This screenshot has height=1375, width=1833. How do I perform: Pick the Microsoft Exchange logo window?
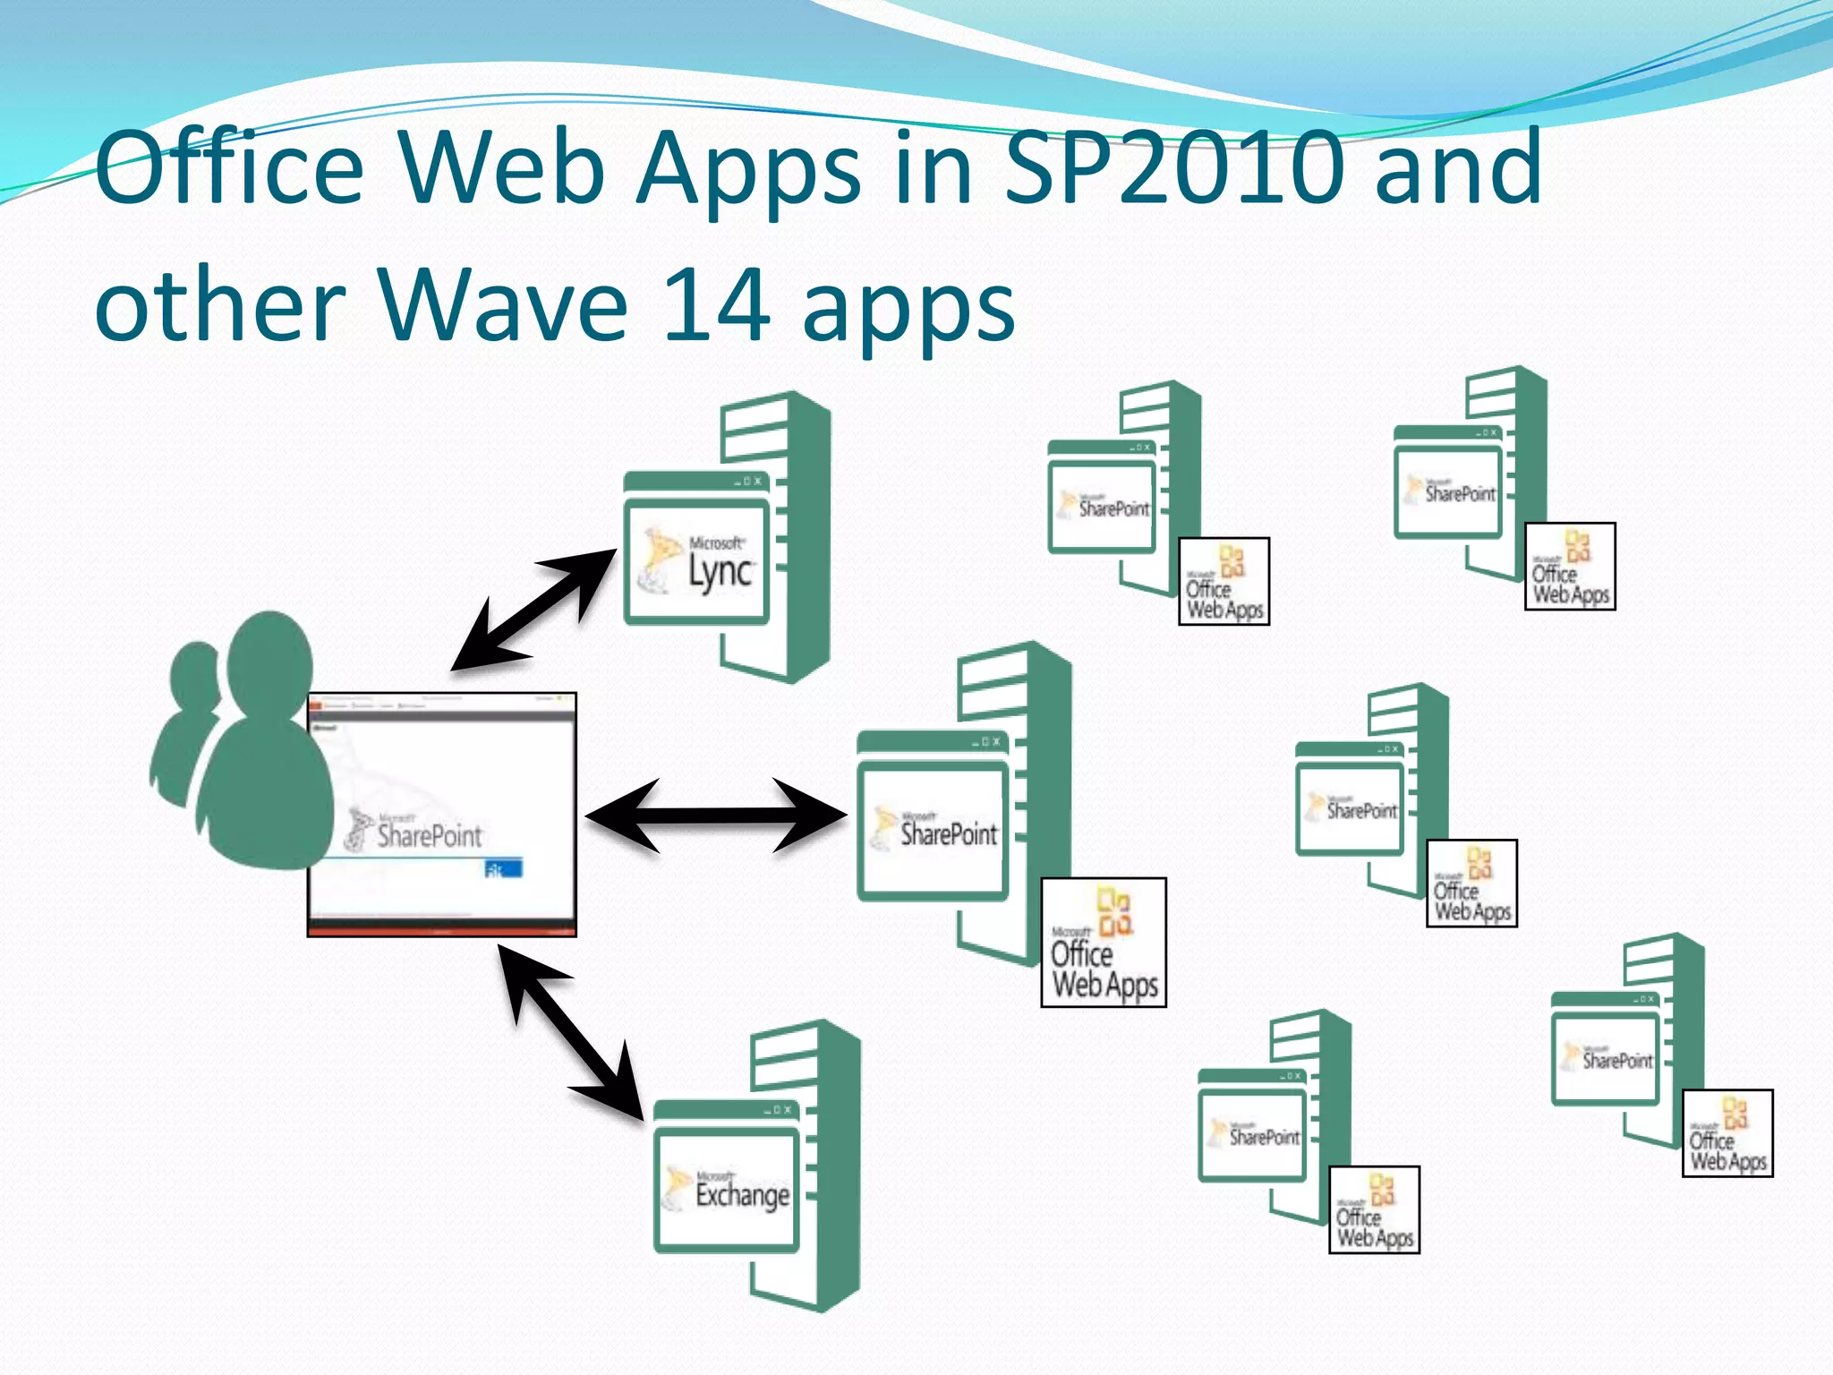coord(727,1189)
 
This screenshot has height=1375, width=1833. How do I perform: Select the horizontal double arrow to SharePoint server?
coord(716,815)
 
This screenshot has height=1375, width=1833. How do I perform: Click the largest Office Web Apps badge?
coord(1104,943)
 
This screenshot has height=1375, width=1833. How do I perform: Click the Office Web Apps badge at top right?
coord(1570,567)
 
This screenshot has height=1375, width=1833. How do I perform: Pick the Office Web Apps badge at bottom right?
coord(1727,1133)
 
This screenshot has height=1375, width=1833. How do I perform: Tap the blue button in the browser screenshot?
coord(503,868)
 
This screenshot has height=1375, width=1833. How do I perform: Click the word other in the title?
coord(220,306)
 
